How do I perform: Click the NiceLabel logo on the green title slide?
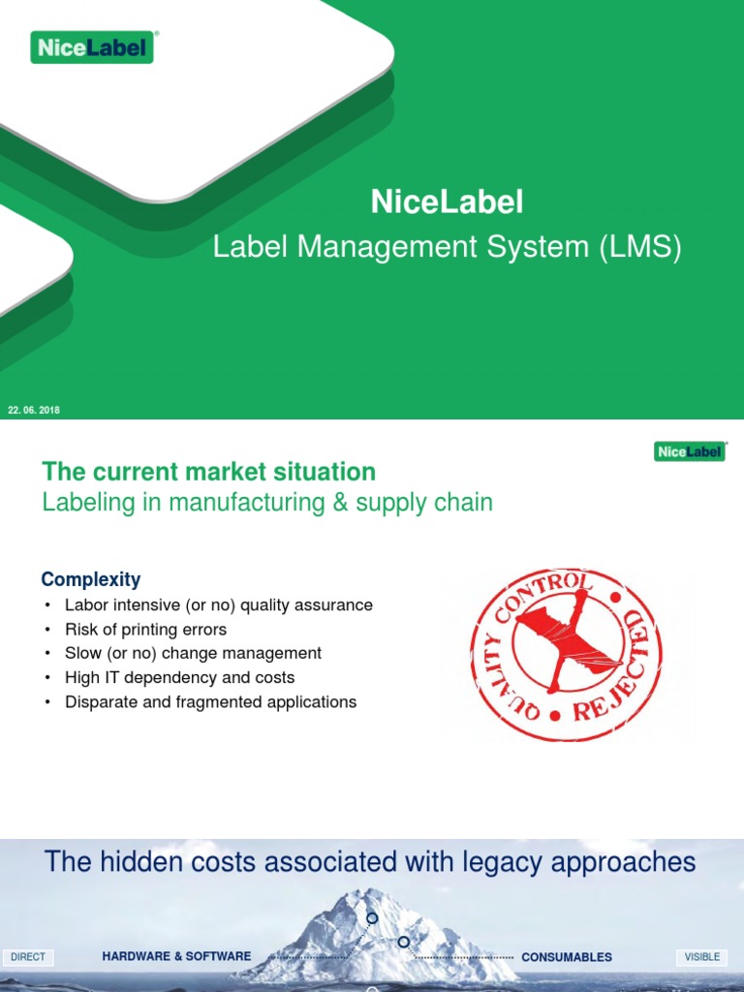click(x=92, y=46)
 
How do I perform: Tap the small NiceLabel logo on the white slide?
click(x=689, y=451)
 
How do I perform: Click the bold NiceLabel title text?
click(x=447, y=202)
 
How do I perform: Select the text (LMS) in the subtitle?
click(x=640, y=248)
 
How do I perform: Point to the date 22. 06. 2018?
click(x=34, y=411)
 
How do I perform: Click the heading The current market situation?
click(x=208, y=472)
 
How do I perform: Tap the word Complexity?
click(x=90, y=579)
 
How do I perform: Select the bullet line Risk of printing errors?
click(x=145, y=629)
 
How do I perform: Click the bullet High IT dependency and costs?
click(x=179, y=677)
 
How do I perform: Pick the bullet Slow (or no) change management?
click(x=193, y=653)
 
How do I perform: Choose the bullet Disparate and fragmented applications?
click(x=210, y=701)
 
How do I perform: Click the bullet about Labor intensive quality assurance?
click(x=218, y=604)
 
